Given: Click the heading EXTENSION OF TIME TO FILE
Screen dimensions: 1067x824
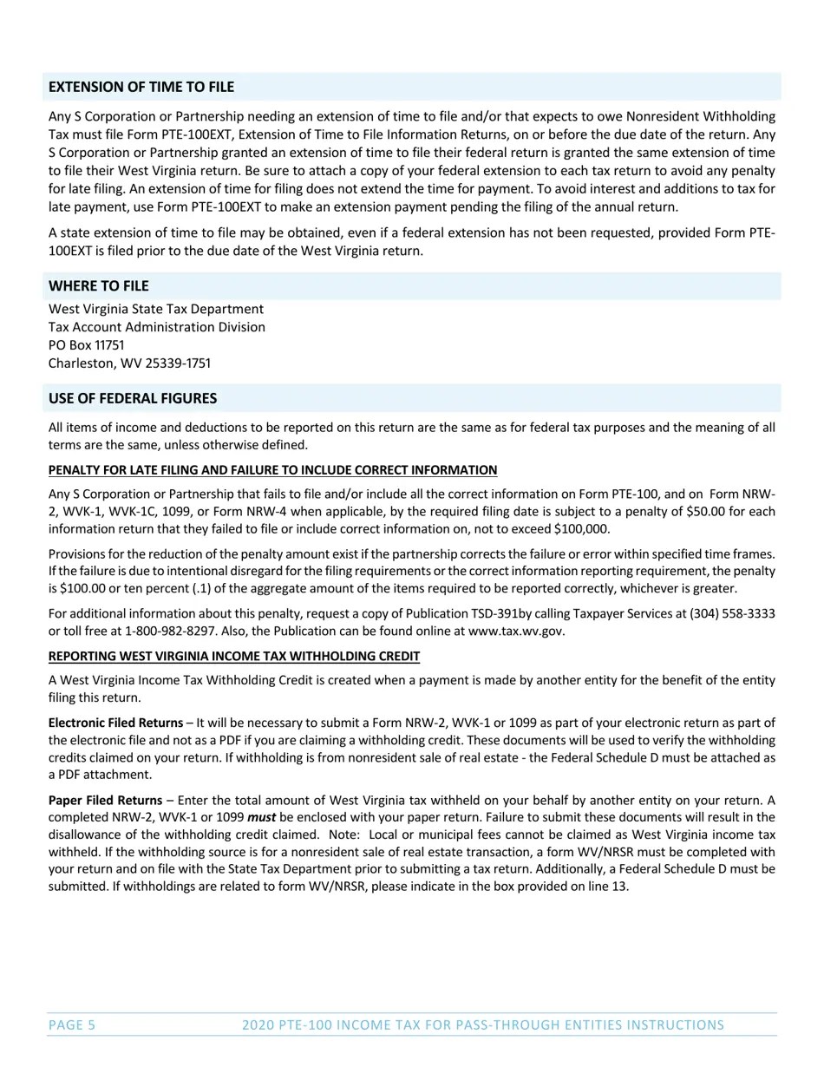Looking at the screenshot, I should tap(141, 87).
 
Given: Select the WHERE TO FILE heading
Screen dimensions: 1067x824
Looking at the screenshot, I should tap(98, 285).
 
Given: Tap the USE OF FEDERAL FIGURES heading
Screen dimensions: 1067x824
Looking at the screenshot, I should tap(133, 398).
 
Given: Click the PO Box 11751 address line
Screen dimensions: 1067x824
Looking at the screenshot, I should tap(87, 345).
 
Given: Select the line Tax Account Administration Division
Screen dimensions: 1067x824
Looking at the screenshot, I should tap(157, 327).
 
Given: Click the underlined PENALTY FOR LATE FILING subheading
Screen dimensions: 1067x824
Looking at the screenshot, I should tap(272, 470).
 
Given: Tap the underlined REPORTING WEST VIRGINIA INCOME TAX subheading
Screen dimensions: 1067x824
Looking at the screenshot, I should tap(234, 656).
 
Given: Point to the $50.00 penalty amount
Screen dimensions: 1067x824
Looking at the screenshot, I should tap(709, 512).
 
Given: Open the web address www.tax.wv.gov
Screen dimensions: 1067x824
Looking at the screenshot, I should tap(515, 632).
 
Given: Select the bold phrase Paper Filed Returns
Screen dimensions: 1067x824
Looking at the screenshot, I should tap(105, 800).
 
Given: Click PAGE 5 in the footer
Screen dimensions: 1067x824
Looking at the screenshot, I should tap(72, 1025).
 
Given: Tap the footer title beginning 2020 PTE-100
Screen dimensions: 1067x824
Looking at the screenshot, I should tap(483, 1025).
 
